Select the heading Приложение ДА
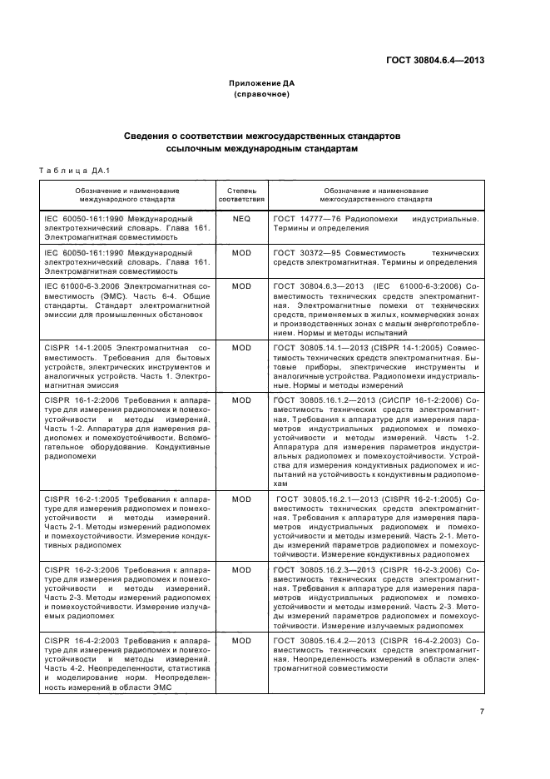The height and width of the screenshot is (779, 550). (x=262, y=84)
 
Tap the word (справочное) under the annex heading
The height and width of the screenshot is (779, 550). (x=262, y=95)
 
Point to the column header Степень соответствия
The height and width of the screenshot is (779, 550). (x=241, y=195)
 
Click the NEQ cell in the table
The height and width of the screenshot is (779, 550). (x=241, y=219)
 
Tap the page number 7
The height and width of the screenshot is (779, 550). (x=482, y=711)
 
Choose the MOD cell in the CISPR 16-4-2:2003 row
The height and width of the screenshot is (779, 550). (x=241, y=640)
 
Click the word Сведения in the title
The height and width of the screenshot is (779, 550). (x=148, y=135)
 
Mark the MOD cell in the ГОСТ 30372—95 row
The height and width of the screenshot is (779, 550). (x=241, y=252)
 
